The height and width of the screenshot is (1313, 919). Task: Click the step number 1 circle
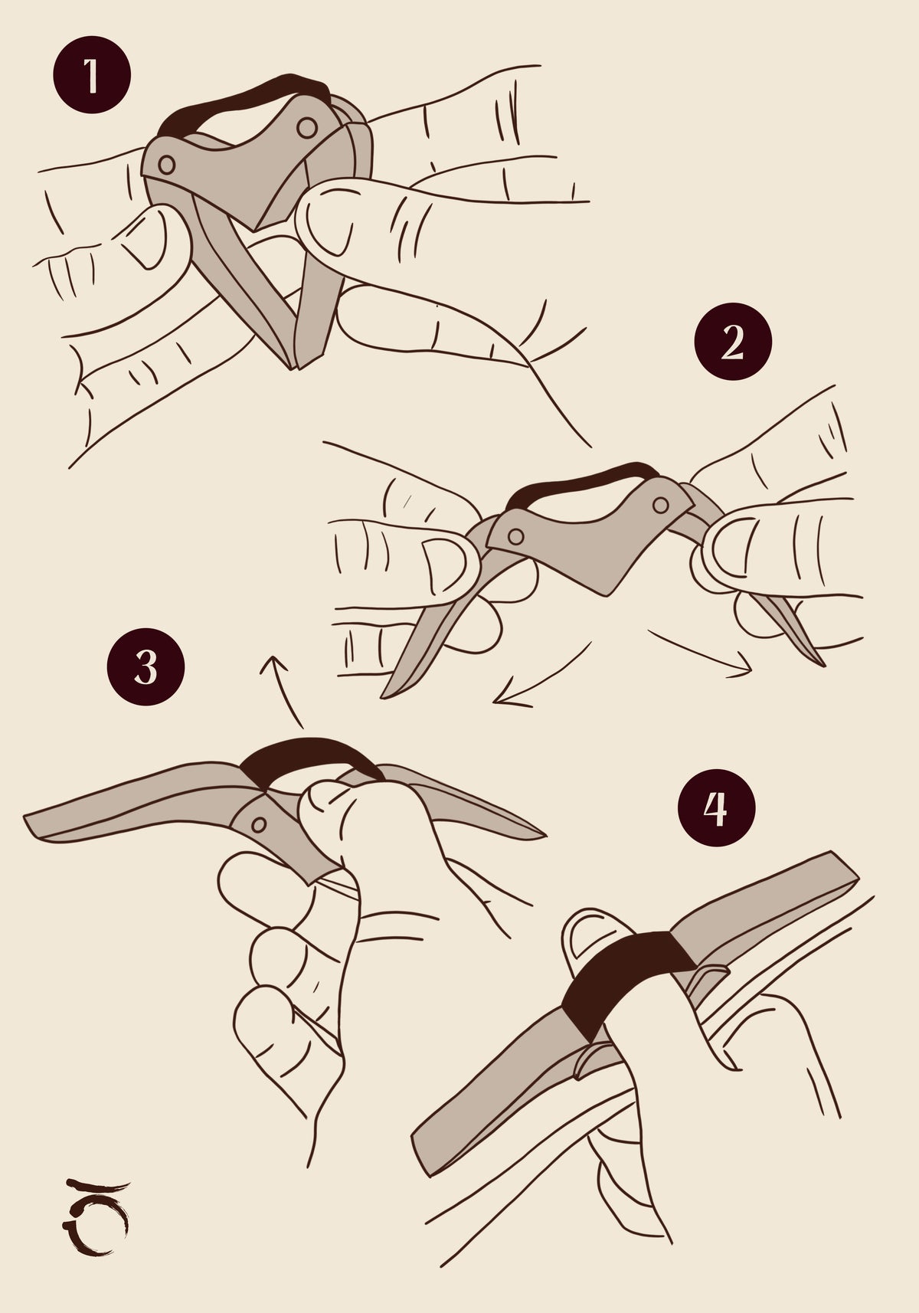[x=92, y=74]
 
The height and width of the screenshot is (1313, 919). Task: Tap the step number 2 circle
[x=733, y=341]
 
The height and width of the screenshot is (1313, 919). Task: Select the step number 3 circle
[x=146, y=666]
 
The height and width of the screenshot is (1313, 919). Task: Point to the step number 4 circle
[x=716, y=807]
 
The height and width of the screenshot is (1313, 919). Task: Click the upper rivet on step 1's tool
[x=307, y=127]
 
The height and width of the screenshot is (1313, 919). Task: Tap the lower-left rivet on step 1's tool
[x=166, y=165]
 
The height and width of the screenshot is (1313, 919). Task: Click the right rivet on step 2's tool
[x=661, y=505]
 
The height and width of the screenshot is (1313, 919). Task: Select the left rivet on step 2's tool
[x=515, y=535]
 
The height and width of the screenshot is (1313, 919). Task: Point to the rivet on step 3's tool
[x=258, y=825]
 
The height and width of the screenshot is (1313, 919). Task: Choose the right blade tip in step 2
[x=822, y=664]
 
